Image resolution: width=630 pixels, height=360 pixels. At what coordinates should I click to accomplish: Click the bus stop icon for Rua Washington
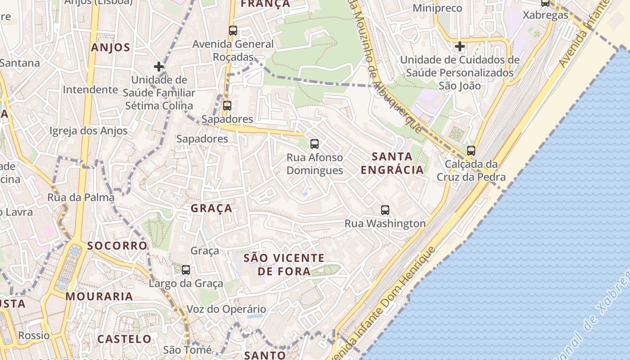point(385,210)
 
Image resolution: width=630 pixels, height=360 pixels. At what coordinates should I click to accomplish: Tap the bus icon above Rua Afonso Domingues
point(315,144)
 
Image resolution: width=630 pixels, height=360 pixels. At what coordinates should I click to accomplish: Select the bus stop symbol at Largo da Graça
point(185,270)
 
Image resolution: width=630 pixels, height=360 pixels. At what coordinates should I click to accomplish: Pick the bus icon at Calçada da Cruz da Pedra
point(471,151)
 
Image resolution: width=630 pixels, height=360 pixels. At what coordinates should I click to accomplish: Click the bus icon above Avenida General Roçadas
point(233,31)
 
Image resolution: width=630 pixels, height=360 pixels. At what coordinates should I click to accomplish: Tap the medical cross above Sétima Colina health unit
point(158,67)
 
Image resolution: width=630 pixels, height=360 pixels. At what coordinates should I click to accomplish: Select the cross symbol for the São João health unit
point(459,46)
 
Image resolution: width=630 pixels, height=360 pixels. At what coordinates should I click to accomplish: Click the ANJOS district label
point(111,48)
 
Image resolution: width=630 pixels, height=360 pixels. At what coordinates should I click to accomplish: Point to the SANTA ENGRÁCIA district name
point(392,163)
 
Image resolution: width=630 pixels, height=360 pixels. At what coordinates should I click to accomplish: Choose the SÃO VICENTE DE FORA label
point(284,265)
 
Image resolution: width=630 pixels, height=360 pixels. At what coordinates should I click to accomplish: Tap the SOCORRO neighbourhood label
point(117,246)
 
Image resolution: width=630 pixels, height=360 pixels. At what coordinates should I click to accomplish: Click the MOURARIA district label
point(99,297)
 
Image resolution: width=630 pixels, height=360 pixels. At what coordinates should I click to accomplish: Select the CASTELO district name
point(125,339)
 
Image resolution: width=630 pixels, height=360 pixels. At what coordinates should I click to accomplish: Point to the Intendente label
point(90,90)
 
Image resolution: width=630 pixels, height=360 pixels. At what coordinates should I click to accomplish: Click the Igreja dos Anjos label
point(89,131)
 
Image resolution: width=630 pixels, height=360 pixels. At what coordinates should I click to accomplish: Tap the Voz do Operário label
point(226,309)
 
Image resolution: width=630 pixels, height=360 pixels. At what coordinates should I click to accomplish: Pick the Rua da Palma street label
point(81,197)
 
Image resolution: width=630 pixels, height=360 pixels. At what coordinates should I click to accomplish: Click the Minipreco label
point(437,8)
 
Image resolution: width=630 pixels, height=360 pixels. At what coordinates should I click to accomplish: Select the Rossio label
point(34,335)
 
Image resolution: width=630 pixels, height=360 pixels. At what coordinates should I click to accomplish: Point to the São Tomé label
point(187,350)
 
